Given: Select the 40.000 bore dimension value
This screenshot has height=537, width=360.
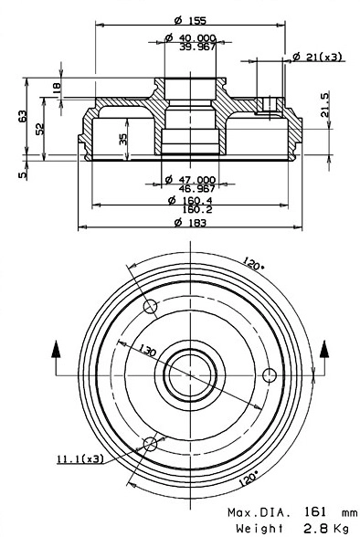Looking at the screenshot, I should tap(196, 37).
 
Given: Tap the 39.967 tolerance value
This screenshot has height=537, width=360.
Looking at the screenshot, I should tap(197, 46).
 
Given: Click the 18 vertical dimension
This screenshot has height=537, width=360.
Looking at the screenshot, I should tap(57, 89).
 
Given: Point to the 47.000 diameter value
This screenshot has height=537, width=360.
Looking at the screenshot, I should tap(196, 179).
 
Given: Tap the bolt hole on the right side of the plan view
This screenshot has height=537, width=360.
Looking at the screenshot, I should tap(269, 374).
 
